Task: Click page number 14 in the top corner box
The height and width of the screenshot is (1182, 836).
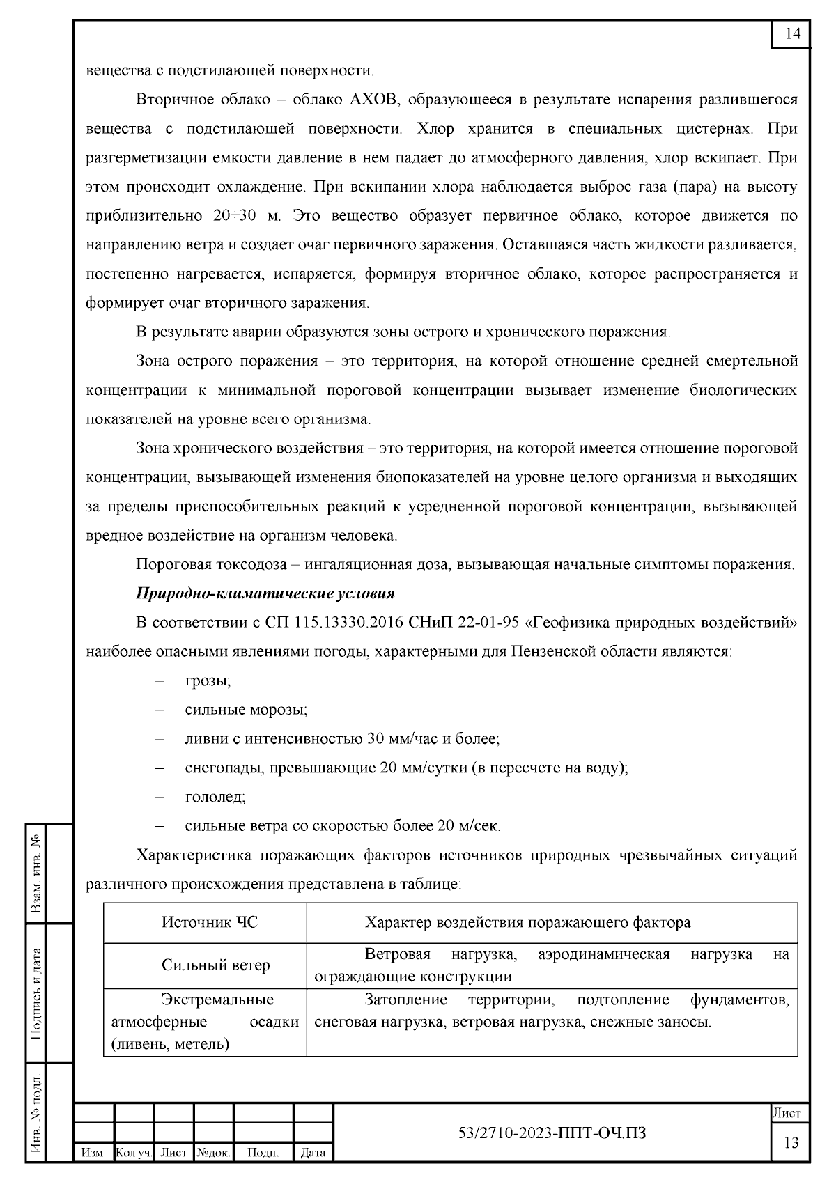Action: (x=793, y=34)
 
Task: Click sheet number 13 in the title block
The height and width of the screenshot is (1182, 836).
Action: (x=791, y=1143)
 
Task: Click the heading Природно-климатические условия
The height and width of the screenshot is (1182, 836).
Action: (x=265, y=593)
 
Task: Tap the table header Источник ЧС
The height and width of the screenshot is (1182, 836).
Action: (x=210, y=922)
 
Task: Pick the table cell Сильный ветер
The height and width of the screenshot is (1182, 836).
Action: (x=216, y=965)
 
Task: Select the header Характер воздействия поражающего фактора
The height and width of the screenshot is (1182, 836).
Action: (x=528, y=922)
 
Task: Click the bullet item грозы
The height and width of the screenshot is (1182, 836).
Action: (x=208, y=681)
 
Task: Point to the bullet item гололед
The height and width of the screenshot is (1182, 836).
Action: (x=215, y=797)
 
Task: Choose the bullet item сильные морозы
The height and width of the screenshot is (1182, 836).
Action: (x=246, y=710)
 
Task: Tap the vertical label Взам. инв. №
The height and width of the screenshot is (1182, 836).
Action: (x=36, y=873)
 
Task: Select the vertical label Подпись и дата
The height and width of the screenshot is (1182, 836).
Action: (x=36, y=993)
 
